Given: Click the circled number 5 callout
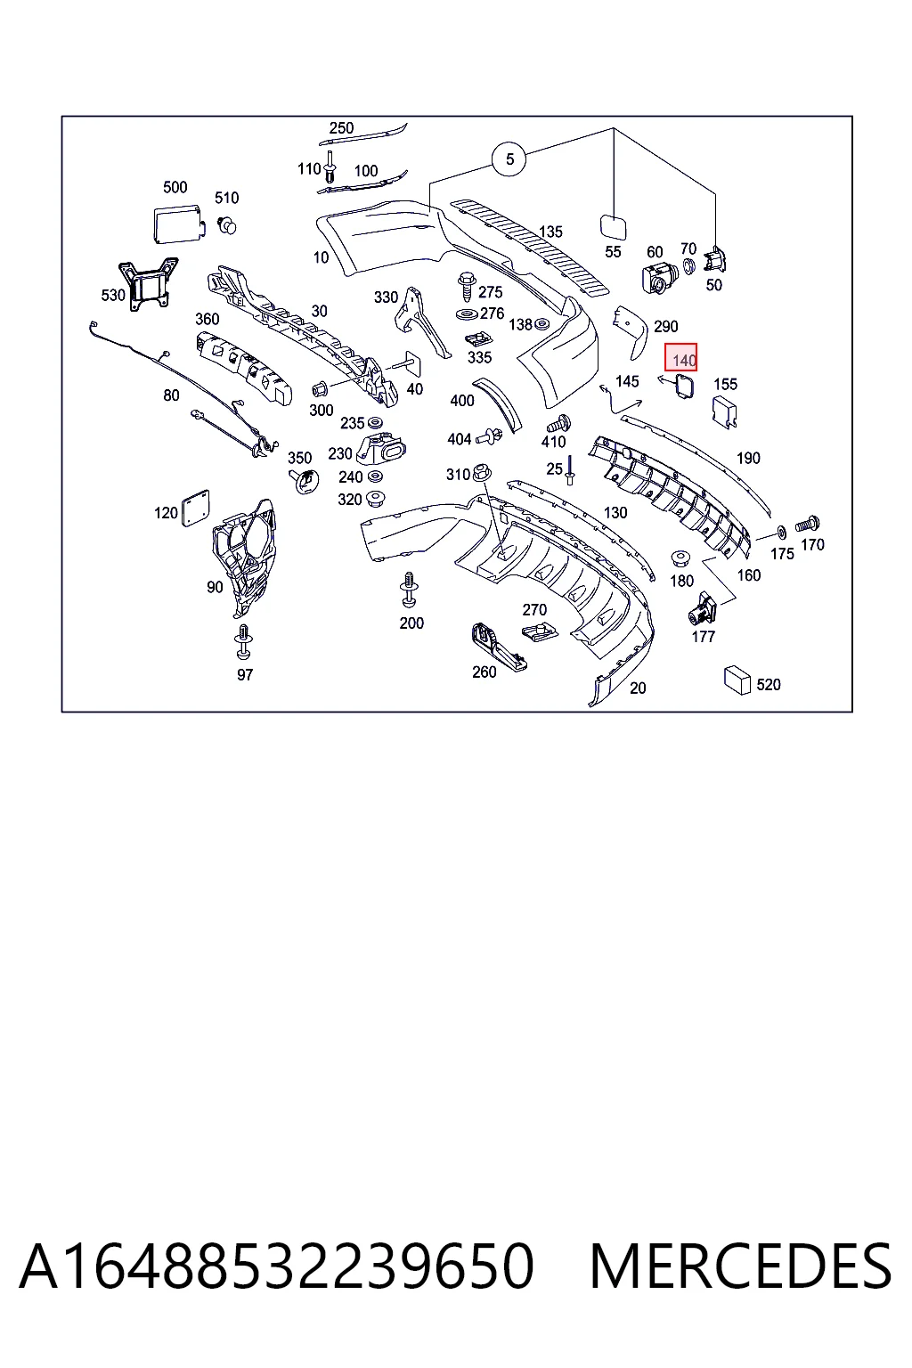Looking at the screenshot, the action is pyautogui.click(x=509, y=159).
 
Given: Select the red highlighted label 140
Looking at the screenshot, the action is pyautogui.click(x=681, y=357).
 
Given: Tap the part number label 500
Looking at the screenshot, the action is pyautogui.click(x=175, y=187).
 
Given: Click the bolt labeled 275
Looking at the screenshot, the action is pyautogui.click(x=467, y=287).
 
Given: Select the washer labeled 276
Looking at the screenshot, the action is pyautogui.click(x=468, y=315).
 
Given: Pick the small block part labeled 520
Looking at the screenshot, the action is pyautogui.click(x=737, y=680).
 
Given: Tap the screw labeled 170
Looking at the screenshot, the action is pyautogui.click(x=807, y=525).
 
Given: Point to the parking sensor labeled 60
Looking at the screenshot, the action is pyautogui.click(x=658, y=278).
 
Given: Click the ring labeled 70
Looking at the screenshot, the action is pyautogui.click(x=688, y=266).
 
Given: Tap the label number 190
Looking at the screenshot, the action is pyautogui.click(x=748, y=458).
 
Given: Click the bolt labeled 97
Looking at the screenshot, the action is pyautogui.click(x=243, y=642).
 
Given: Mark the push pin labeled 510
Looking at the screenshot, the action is pyautogui.click(x=227, y=224).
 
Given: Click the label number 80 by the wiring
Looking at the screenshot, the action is pyautogui.click(x=171, y=395).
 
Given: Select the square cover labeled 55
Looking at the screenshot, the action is pyautogui.click(x=614, y=227).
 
